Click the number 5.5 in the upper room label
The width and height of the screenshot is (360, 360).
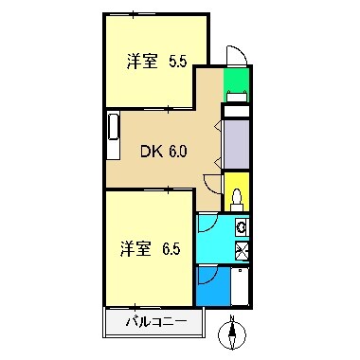pyautogui.click(x=176, y=63)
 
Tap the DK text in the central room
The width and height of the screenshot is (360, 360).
pyautogui.click(x=152, y=150)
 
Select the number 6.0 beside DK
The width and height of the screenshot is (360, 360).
pyautogui.click(x=178, y=150)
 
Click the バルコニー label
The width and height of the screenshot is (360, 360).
pyautogui.click(x=154, y=322)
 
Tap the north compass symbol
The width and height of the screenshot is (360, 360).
pyautogui.click(x=232, y=335)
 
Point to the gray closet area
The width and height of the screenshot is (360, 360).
pyautogui.click(x=236, y=143)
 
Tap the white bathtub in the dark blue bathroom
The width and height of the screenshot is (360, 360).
pyautogui.click(x=240, y=285)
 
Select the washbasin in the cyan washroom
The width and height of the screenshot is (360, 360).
pyautogui.click(x=241, y=227)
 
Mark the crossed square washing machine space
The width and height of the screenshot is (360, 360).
pyautogui.click(x=241, y=250)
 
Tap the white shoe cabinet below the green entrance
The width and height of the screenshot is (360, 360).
pyautogui.click(x=236, y=110)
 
